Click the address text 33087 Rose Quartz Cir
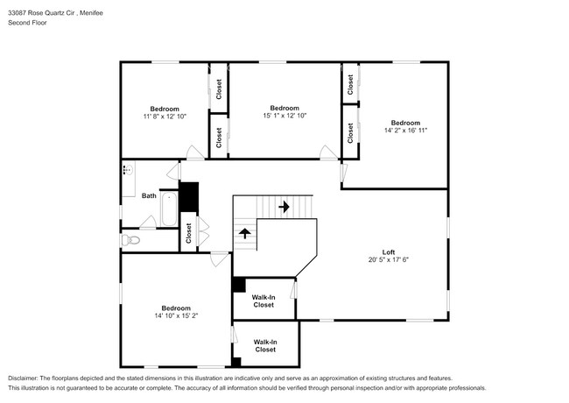pos(39,12)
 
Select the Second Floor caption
pos(27,23)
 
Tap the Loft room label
pos(389,251)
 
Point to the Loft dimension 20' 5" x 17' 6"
pos(389,260)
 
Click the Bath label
pos(149,195)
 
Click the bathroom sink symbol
pos(127,171)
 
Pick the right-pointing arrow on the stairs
pos(284,208)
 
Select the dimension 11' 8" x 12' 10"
pos(164,117)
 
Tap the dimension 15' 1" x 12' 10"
pos(284,116)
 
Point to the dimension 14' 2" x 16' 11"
pos(404,131)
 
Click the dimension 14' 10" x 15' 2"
pos(176,315)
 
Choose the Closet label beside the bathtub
pos(188,233)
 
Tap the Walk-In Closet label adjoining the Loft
pos(263,301)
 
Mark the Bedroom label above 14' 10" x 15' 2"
pos(176,307)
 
